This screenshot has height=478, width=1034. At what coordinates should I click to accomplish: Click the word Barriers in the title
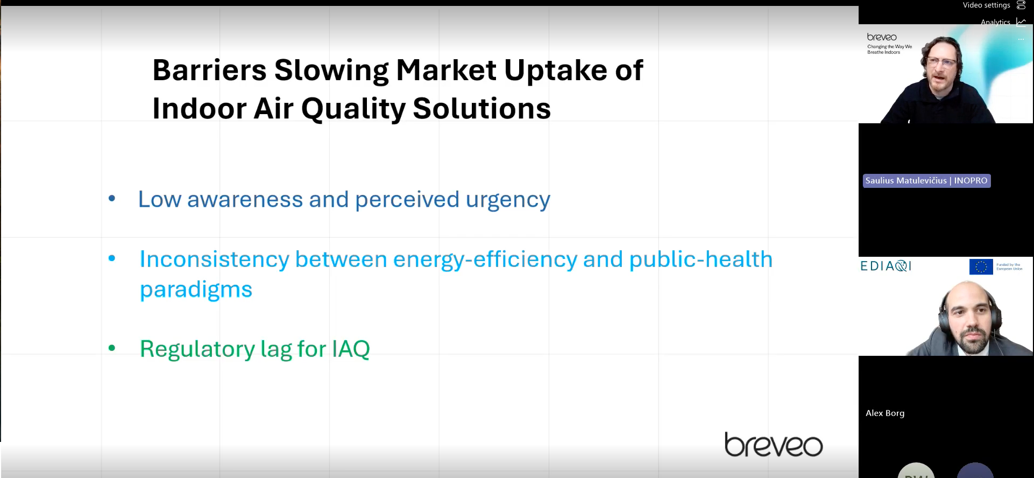(209, 71)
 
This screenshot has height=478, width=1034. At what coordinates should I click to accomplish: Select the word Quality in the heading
(353, 109)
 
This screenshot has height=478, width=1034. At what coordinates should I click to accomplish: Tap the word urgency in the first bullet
(507, 200)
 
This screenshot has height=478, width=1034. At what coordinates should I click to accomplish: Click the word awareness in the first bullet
(245, 200)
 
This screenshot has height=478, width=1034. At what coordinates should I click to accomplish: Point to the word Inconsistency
(214, 259)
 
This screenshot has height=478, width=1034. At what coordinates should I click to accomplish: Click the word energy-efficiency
(485, 260)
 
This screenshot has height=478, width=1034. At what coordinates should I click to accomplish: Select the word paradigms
(196, 290)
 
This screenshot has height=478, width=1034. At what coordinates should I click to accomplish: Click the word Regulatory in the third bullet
(197, 349)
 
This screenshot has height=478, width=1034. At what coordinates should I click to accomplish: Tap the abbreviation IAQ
(351, 349)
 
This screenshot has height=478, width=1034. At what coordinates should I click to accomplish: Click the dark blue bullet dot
(112, 198)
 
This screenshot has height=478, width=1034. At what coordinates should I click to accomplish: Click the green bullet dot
(112, 348)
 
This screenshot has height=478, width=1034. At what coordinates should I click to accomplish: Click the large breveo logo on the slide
(773, 445)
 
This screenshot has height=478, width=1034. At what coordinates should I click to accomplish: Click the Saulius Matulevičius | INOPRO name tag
(926, 181)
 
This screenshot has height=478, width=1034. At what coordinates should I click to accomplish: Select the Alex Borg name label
(884, 413)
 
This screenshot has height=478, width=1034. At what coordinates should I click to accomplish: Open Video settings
(986, 5)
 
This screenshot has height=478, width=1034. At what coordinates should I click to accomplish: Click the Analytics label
(995, 22)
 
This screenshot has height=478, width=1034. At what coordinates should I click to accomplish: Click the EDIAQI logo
(886, 266)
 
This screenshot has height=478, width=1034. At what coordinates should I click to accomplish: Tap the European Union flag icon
(980, 266)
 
